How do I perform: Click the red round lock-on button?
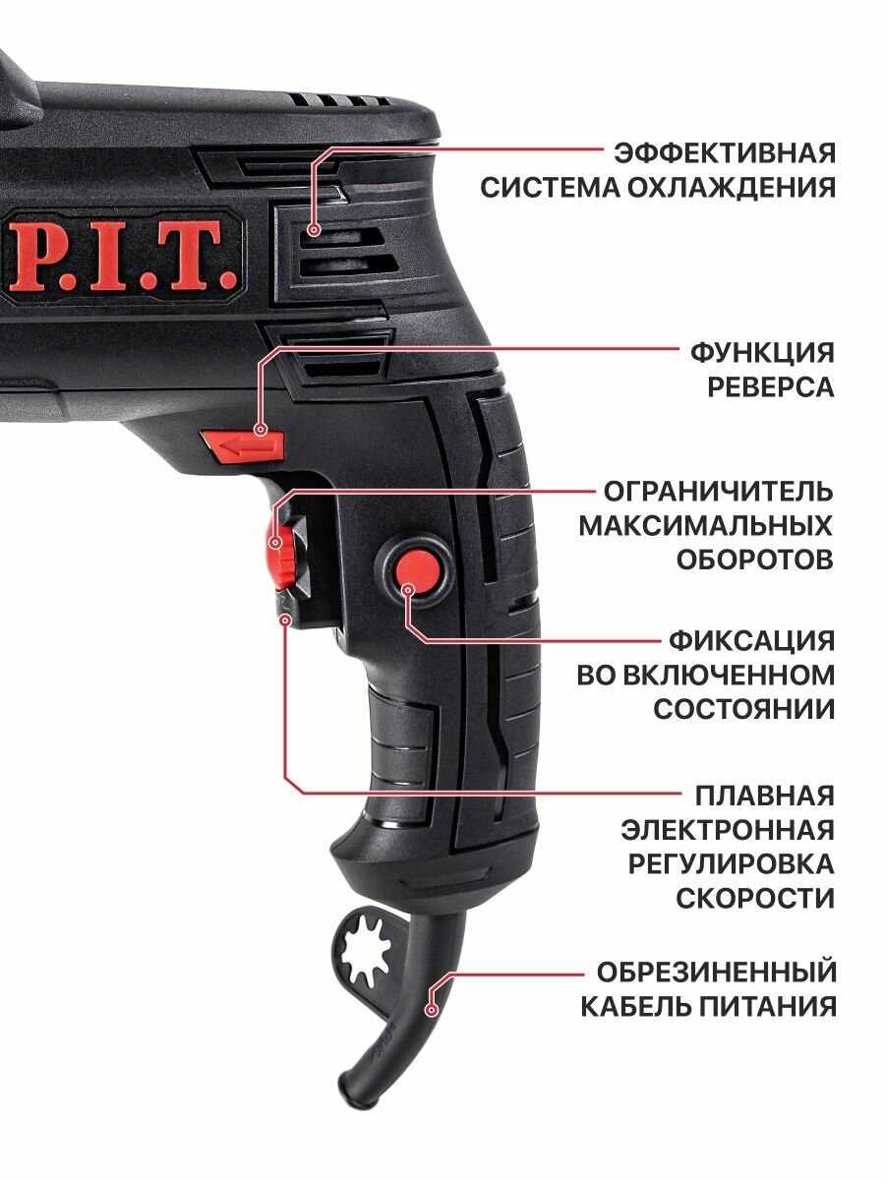pos(418,570)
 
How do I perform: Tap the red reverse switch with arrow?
pos(242,445)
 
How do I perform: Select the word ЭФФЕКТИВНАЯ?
pos(725,153)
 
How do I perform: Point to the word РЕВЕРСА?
pos(770,387)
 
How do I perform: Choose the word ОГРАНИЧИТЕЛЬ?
pos(719,492)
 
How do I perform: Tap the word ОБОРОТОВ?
pos(754,560)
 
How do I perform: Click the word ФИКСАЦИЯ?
pos(751,641)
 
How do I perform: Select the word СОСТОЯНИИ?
pos(743,709)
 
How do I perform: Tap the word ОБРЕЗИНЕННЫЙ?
pos(716,973)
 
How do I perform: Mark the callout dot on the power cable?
pos(431,1011)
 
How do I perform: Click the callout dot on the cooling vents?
pos(314,230)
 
